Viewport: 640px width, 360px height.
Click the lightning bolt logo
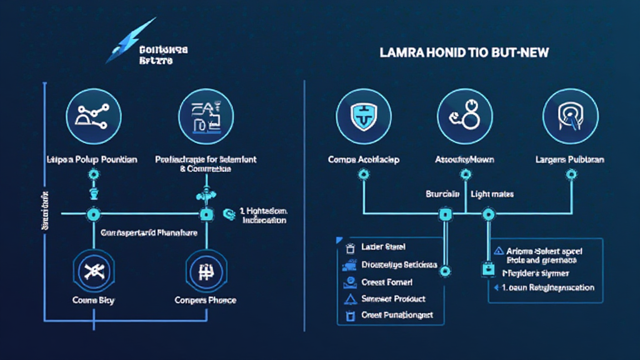click(131, 41)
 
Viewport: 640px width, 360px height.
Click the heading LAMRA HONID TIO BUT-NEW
click(464, 53)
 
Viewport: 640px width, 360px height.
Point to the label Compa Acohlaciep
click(364, 159)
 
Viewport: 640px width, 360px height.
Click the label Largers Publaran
click(570, 159)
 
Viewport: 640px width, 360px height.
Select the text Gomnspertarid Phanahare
click(149, 232)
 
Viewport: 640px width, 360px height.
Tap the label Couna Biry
click(94, 300)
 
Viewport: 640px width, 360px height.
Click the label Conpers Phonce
click(206, 300)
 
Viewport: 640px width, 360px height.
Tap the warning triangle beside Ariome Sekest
click(498, 250)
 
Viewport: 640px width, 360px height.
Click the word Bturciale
click(443, 194)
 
